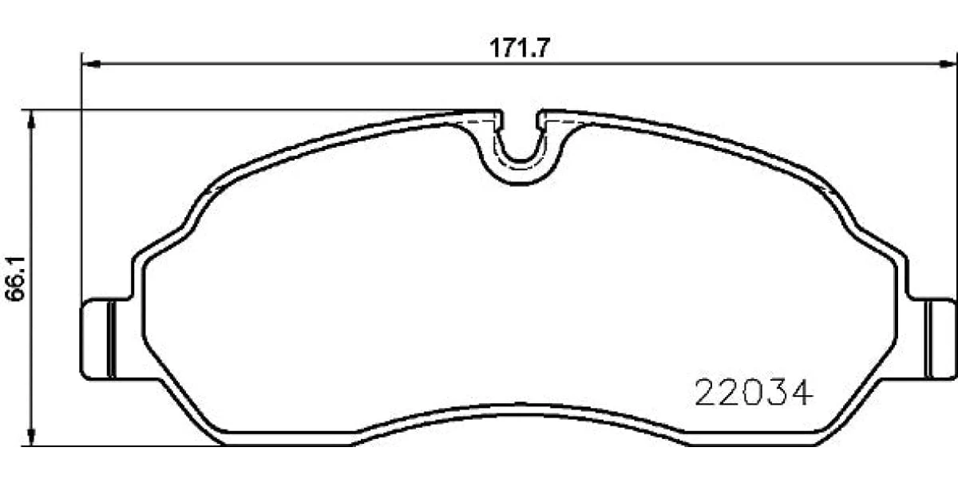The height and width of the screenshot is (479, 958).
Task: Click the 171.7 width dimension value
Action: pyautogui.click(x=518, y=48)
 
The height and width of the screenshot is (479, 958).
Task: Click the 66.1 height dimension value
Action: pyautogui.click(x=15, y=279)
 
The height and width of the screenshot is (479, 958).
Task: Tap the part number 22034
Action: pyautogui.click(x=753, y=393)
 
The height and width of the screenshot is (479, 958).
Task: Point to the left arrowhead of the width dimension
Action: pyautogui.click(x=91, y=64)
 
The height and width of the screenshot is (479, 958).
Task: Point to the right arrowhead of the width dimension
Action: pyautogui.click(x=948, y=64)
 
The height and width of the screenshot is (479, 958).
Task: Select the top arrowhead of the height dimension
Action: pyautogui.click(x=30, y=120)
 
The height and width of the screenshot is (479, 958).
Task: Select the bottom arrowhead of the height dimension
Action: pyautogui.click(x=30, y=436)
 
